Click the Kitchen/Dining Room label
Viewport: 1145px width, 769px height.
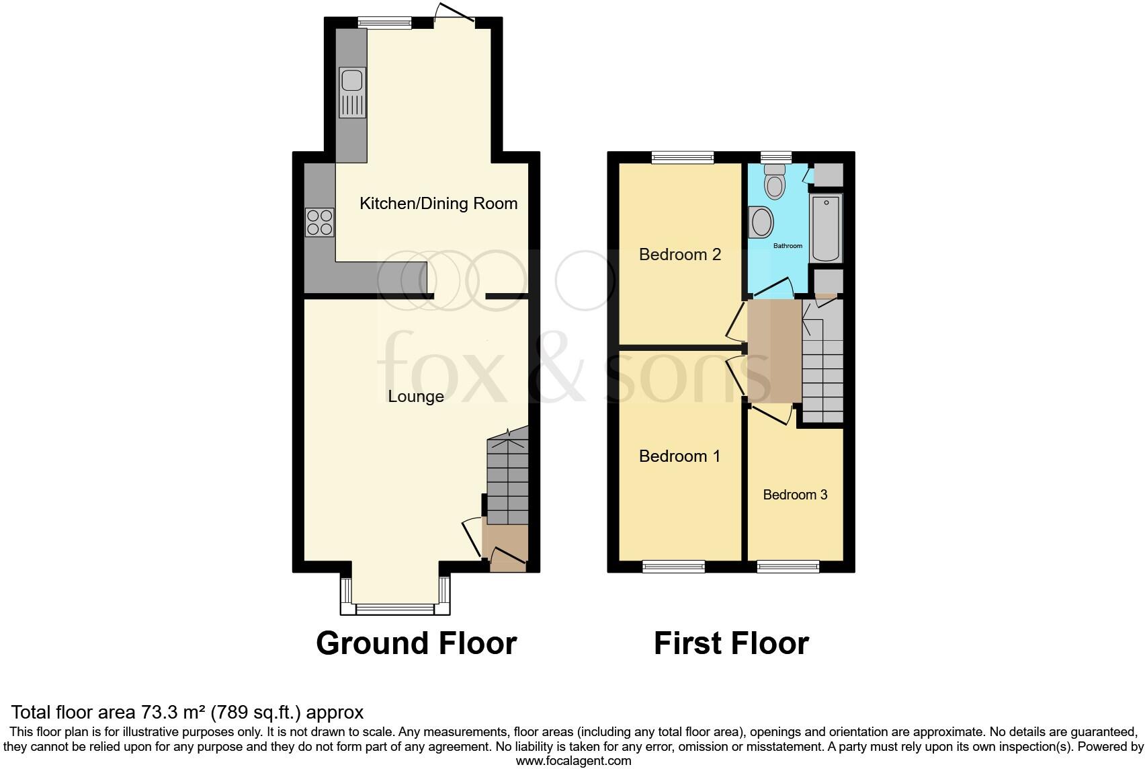[438, 204]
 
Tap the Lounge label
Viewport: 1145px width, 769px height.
[416, 397]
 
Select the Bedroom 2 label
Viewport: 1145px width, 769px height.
[679, 255]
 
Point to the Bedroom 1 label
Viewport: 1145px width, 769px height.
[679, 456]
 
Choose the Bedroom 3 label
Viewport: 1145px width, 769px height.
[795, 495]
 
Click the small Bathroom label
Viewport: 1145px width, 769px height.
[788, 246]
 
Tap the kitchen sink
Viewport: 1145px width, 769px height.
[353, 92]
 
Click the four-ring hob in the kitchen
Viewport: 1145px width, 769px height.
[320, 222]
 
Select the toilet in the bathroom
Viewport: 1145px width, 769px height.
[775, 183]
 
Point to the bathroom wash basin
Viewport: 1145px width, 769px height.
[761, 222]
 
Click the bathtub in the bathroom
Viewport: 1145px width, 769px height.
[826, 229]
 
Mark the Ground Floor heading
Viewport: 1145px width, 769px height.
[416, 643]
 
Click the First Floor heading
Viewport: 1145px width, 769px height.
[731, 643]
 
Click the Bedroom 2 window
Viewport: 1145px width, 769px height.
[682, 157]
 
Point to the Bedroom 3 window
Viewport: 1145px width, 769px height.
[788, 567]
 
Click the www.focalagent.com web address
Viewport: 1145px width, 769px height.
[573, 761]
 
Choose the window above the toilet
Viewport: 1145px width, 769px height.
[776, 157]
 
